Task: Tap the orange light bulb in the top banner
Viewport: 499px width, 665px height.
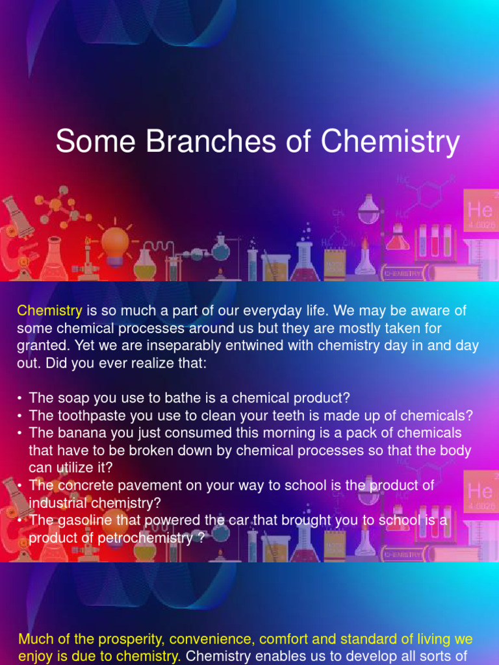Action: click(x=116, y=244)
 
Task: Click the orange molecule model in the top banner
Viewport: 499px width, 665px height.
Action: click(x=62, y=205)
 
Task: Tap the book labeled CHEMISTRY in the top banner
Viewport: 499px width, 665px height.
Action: click(x=403, y=273)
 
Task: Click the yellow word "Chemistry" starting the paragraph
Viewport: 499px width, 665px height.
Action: click(x=49, y=311)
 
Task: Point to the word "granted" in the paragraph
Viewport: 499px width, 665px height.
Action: click(x=40, y=346)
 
